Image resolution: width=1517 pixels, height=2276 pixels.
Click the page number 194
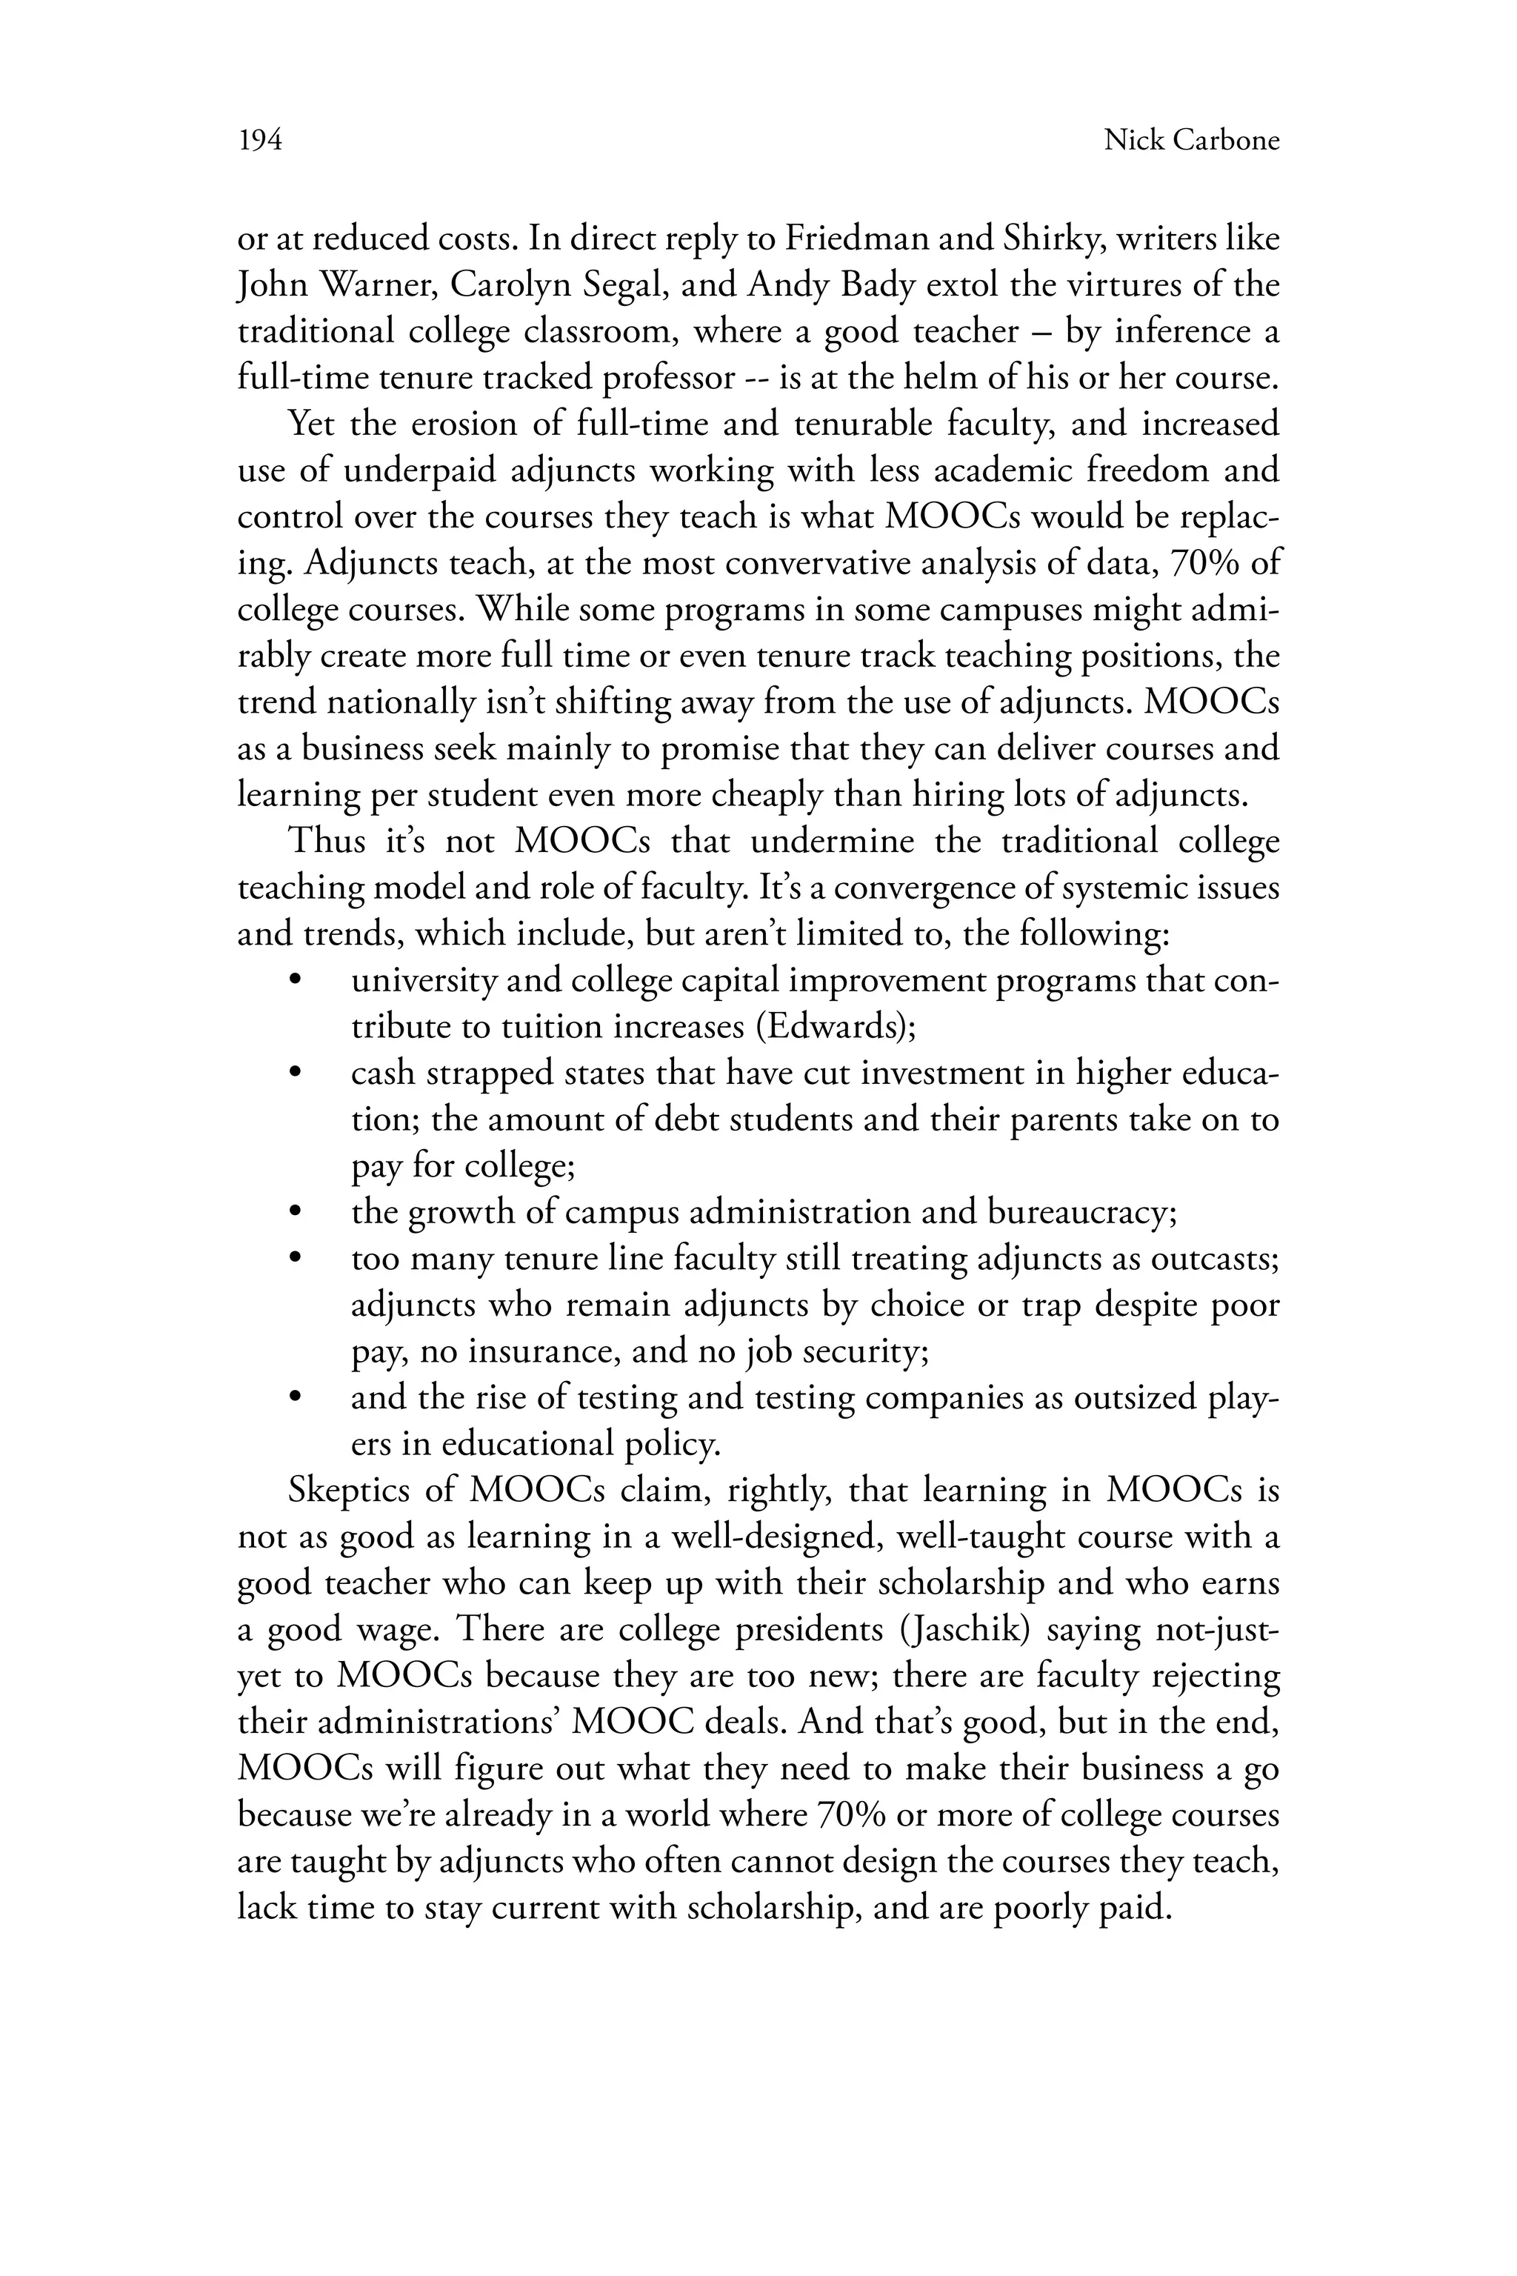pos(259,142)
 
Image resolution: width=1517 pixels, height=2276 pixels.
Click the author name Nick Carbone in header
pos(1191,142)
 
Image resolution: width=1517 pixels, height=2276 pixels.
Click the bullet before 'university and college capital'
pos(296,980)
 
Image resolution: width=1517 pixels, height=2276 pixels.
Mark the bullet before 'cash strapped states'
pos(296,1073)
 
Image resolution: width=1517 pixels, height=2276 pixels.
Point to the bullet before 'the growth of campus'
pos(296,1213)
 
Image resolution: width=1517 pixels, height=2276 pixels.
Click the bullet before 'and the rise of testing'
pos(296,1398)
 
